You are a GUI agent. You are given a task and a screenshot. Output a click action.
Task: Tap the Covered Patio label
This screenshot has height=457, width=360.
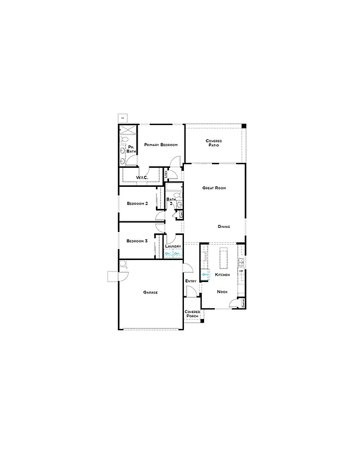tap(214, 143)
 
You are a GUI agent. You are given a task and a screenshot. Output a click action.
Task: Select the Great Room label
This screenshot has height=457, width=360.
tap(214, 188)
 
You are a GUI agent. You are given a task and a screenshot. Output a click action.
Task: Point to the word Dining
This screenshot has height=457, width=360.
tap(224, 227)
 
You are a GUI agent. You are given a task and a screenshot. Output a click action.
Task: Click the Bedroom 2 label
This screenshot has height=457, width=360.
tap(137, 204)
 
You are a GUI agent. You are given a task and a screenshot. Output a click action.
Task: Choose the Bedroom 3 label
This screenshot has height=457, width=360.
tap(137, 241)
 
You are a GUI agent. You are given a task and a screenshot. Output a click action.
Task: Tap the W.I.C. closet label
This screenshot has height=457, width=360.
tap(142, 178)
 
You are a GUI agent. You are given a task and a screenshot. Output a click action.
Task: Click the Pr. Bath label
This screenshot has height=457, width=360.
tap(131, 149)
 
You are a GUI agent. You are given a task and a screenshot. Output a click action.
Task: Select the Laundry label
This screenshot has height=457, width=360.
tap(173, 246)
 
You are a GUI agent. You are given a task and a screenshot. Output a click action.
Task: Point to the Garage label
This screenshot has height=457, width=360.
tap(151, 292)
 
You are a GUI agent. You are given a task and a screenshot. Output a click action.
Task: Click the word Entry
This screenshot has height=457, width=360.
tap(191, 281)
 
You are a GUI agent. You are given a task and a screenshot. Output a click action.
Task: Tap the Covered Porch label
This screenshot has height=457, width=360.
tap(192, 314)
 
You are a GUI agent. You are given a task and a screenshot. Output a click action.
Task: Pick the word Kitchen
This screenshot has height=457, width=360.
tap(223, 276)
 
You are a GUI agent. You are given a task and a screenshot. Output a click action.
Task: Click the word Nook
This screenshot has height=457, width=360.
tap(222, 292)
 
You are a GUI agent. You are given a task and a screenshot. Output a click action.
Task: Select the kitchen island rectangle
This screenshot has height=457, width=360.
tap(226, 258)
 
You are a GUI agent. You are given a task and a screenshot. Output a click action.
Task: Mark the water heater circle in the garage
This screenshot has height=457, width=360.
tap(123, 264)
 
